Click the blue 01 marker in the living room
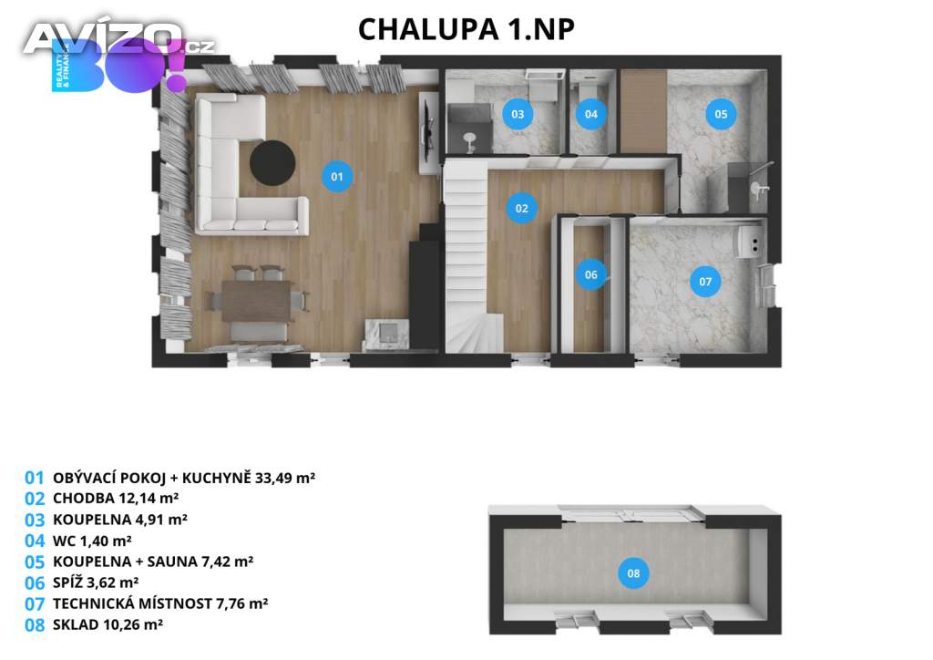[337, 177]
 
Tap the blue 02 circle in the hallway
[522, 208]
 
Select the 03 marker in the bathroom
[518, 114]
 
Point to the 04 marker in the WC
[590, 114]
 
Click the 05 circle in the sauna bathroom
[721, 114]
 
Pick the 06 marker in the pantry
[590, 274]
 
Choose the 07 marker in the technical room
[705, 282]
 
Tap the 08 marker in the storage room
[633, 573]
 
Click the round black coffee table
[272, 163]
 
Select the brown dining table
[257, 301]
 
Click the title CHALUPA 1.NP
[466, 30]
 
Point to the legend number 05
[35, 562]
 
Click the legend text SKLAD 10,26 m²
[108, 624]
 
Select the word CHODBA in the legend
[77, 498]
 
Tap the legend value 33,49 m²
[285, 478]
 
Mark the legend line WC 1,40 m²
[92, 541]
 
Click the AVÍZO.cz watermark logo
[119, 39]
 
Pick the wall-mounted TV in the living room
[427, 133]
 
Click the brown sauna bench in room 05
[643, 110]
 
